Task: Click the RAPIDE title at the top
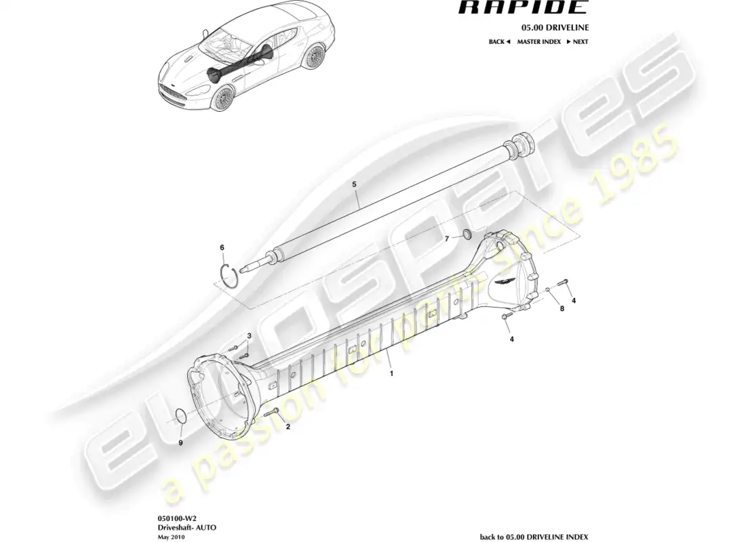(x=522, y=7)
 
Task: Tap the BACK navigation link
(x=499, y=42)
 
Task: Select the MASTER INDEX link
(x=538, y=42)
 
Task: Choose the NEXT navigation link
(x=577, y=42)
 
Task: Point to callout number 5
(x=354, y=184)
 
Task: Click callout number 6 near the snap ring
(x=222, y=247)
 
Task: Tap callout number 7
(x=447, y=238)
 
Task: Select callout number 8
(x=562, y=308)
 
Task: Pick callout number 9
(x=180, y=442)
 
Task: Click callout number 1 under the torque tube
(x=391, y=374)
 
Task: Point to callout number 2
(x=288, y=426)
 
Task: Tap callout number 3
(x=249, y=336)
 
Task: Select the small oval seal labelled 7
(x=467, y=233)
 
